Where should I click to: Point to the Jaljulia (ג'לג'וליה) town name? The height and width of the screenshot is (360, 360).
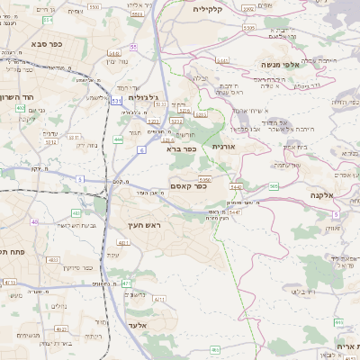pyautogui.click(x=144, y=97)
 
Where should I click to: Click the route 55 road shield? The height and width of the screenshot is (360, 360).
pyautogui.click(x=133, y=46)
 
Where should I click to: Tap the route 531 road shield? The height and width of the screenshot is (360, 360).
pyautogui.click(x=115, y=102)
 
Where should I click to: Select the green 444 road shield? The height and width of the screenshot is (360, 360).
pyautogui.click(x=119, y=139)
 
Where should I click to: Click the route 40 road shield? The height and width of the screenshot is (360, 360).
pyautogui.click(x=34, y=220)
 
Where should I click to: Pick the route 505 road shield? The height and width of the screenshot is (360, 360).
pyautogui.click(x=273, y=186)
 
